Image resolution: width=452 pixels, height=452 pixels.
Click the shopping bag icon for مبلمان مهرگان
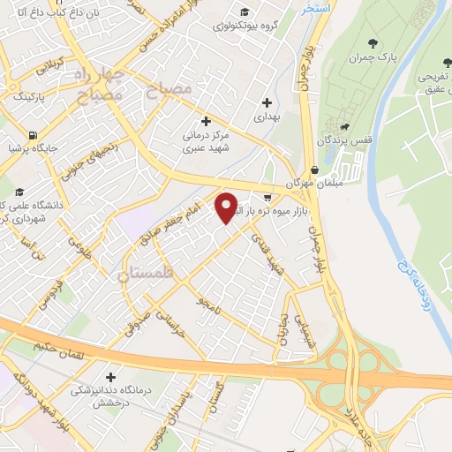(315, 170)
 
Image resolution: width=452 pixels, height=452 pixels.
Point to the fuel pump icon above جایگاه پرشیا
(33, 136)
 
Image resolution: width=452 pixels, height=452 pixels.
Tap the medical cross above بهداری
(267, 102)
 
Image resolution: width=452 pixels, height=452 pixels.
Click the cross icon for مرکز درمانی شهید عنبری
(207, 121)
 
